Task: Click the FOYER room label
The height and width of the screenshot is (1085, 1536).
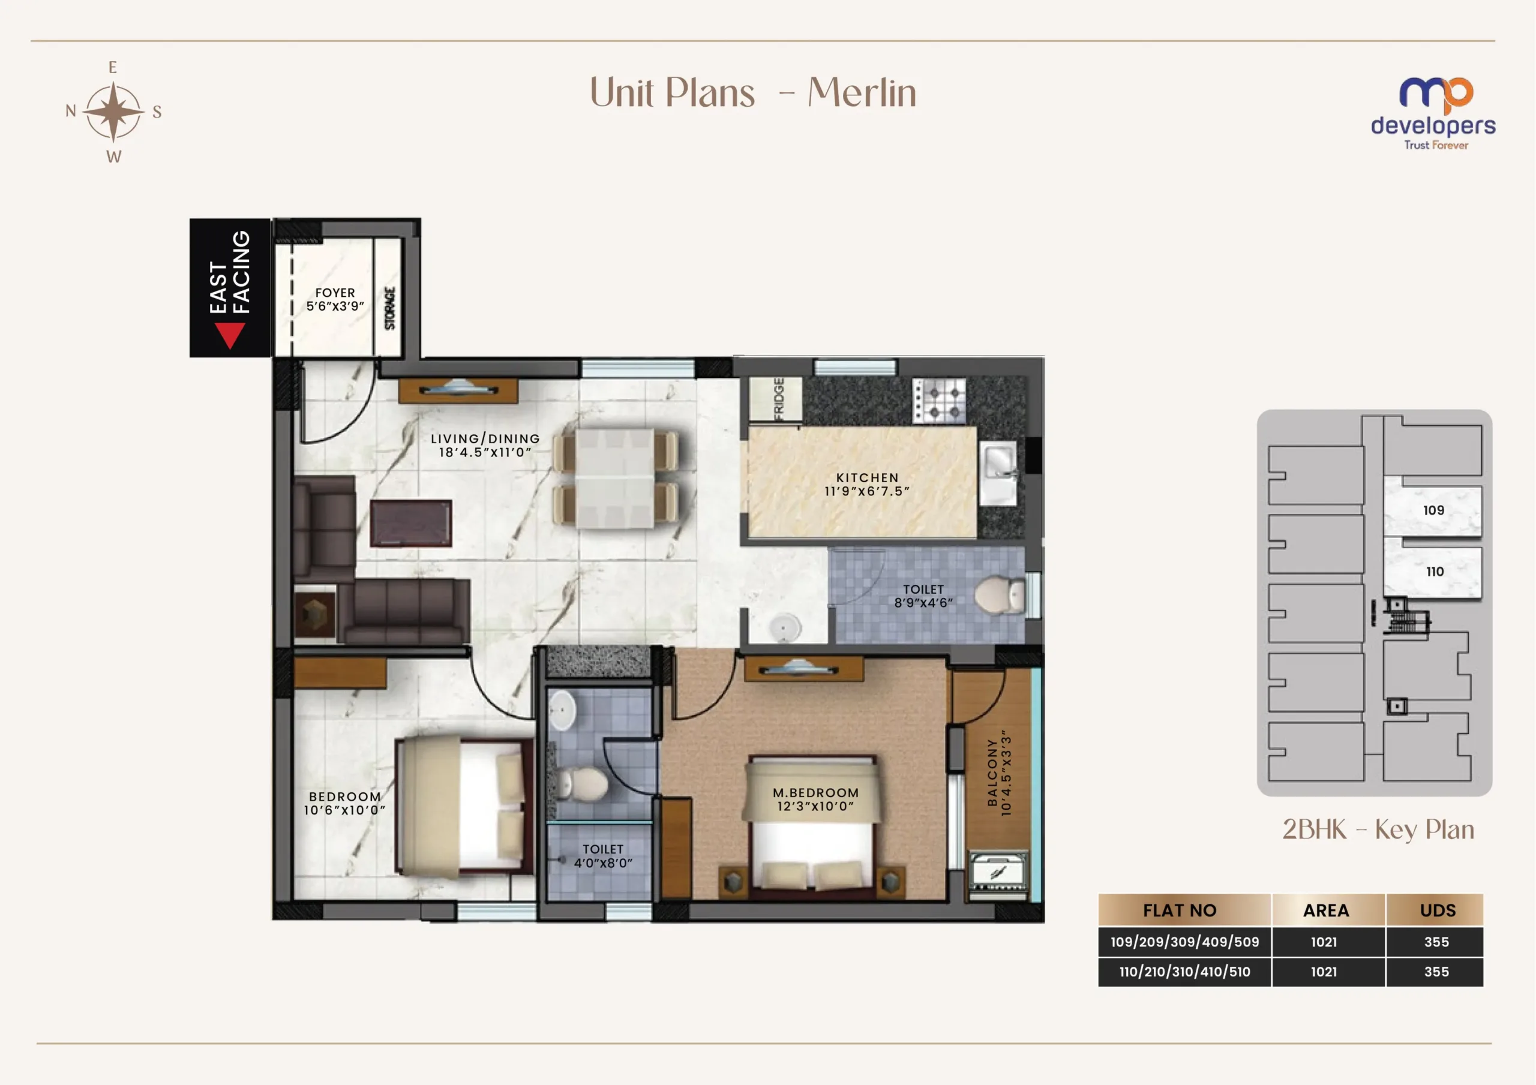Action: pos(335,293)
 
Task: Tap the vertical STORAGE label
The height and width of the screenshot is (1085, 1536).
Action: pos(390,308)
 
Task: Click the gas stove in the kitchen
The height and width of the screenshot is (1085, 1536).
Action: pos(939,400)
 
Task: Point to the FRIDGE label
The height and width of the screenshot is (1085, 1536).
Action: pos(779,399)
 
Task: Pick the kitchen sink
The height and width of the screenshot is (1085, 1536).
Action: pos(999,472)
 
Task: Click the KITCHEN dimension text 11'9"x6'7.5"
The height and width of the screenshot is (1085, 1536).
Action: pos(867,491)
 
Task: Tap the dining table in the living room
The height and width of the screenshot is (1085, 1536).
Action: pos(615,477)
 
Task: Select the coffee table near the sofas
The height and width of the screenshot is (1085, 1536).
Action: pos(411,523)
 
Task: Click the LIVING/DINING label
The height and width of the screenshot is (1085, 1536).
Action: pos(485,439)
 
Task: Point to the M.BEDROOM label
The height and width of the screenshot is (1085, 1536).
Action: pos(815,793)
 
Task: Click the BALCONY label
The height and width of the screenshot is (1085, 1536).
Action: pos(992,773)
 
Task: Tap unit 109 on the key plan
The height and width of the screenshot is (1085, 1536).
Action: pos(1433,510)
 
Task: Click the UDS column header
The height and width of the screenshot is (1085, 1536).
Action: pos(1437,910)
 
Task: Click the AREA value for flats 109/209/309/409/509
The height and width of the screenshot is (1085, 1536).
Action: pos(1323,942)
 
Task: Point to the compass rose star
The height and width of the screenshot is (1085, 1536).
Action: pos(114,112)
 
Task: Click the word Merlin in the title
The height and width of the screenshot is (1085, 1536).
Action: pos(862,92)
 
